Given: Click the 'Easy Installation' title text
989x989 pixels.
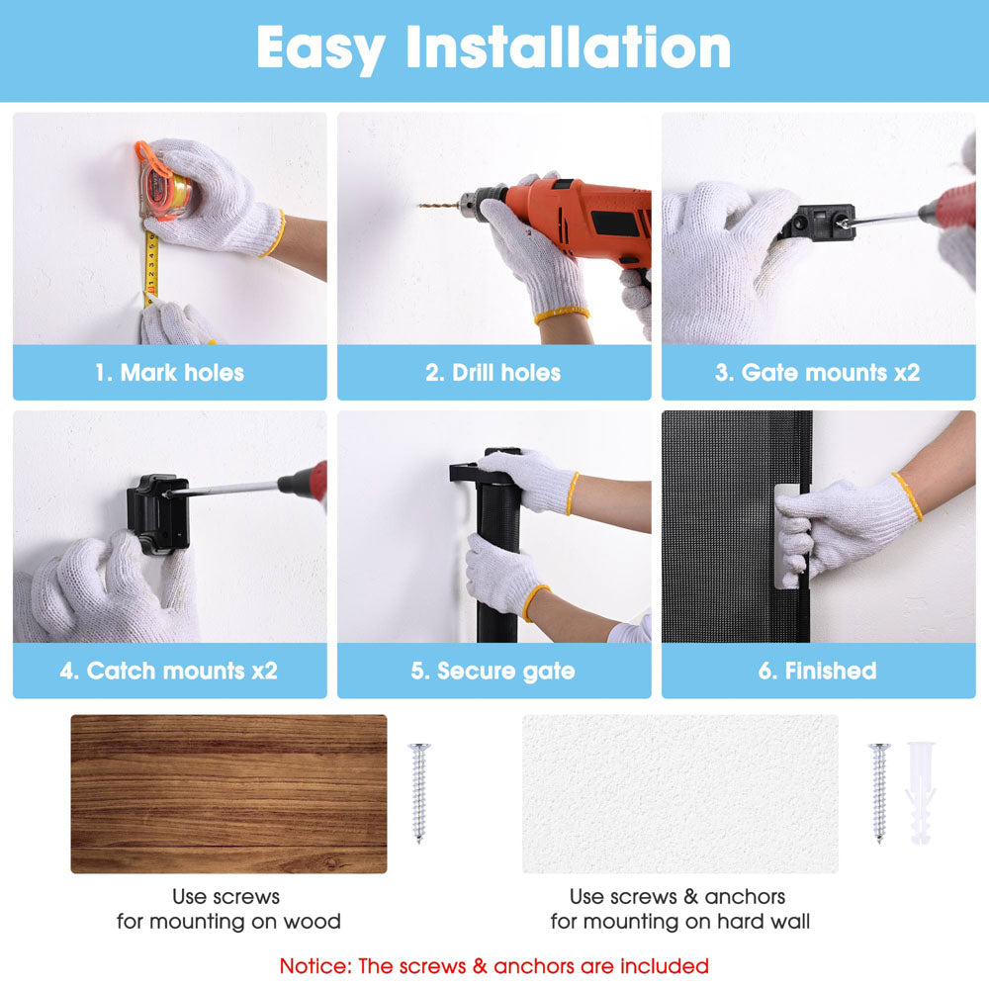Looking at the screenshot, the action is (x=494, y=47).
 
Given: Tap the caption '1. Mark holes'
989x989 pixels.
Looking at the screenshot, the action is (x=170, y=373).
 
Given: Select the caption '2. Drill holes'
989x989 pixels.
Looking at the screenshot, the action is (x=494, y=373).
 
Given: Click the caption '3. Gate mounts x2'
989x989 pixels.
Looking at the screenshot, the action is (x=818, y=373).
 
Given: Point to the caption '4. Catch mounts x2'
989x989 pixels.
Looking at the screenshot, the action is (x=169, y=671).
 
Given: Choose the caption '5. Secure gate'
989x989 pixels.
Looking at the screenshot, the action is (x=494, y=672).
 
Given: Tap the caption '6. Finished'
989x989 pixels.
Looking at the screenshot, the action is (x=818, y=671).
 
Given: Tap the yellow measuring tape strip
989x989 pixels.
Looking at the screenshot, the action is (x=150, y=265).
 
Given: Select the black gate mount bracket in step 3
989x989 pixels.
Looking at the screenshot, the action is (x=818, y=222).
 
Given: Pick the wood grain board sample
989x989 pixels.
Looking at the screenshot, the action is (x=228, y=793).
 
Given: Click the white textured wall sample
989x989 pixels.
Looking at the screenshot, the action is (x=680, y=793).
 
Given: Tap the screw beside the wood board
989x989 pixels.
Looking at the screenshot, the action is (x=418, y=792).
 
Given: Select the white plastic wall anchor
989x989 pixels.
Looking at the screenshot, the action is (x=920, y=793).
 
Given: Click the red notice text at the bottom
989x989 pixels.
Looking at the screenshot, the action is (x=494, y=965).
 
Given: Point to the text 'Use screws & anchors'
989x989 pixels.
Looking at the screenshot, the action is (x=677, y=896).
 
